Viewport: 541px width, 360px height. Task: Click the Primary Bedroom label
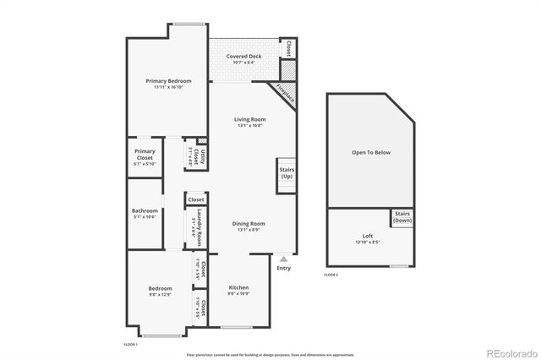[168, 80]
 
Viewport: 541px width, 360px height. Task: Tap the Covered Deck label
[243, 57]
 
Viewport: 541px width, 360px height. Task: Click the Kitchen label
[238, 287]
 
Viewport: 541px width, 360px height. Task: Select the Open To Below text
[371, 152]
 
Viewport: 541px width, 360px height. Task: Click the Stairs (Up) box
[286, 172]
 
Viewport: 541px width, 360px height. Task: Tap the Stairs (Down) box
[402, 216]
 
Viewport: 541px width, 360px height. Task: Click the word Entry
[283, 269]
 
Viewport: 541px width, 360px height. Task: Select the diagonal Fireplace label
[286, 92]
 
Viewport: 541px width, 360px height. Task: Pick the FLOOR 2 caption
[331, 275]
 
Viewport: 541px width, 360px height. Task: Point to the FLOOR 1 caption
[131, 345]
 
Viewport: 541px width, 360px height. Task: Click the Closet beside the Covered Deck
[290, 47]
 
